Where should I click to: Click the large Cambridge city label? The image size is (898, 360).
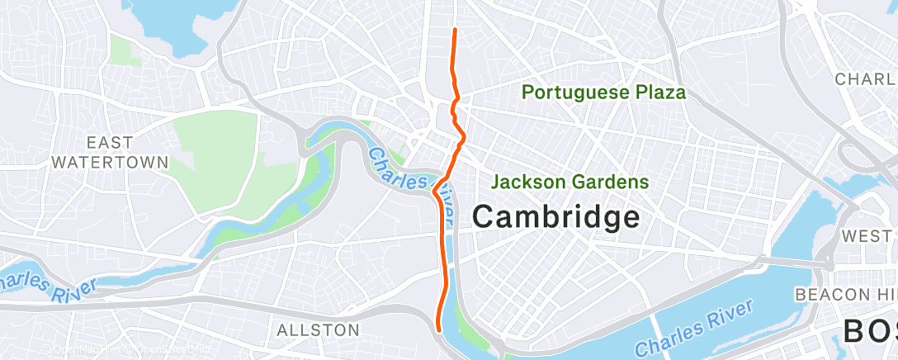pyautogui.click(x=556, y=218)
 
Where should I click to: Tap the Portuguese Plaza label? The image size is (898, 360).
pyautogui.click(x=604, y=92)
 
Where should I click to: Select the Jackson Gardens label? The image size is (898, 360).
pyautogui.click(x=570, y=182)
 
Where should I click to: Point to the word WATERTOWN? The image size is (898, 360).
pyautogui.click(x=110, y=163)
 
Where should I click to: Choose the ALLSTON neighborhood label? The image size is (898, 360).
pyautogui.click(x=318, y=330)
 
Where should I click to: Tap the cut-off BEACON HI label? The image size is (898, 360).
pyautogui.click(x=845, y=295)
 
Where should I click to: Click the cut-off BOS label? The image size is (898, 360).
pyautogui.click(x=870, y=332)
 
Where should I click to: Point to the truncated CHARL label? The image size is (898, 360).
pyautogui.click(x=865, y=79)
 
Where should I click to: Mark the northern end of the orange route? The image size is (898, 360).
pyautogui.click(x=455, y=30)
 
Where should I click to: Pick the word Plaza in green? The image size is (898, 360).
pyautogui.click(x=658, y=92)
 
